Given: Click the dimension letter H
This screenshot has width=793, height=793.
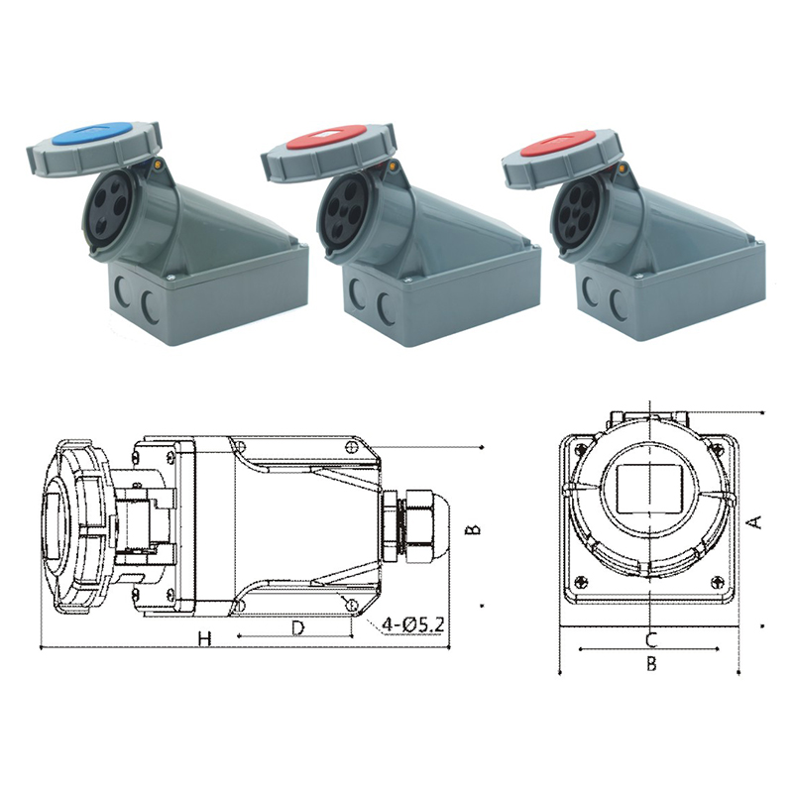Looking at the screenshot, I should (x=204, y=639).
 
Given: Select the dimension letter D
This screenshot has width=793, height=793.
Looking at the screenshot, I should (x=296, y=627).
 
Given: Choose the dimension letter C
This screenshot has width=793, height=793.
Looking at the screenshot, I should (x=650, y=638).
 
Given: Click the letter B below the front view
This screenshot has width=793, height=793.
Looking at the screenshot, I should (x=651, y=664).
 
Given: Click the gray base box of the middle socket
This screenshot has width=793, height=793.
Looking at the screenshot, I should (x=426, y=297).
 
